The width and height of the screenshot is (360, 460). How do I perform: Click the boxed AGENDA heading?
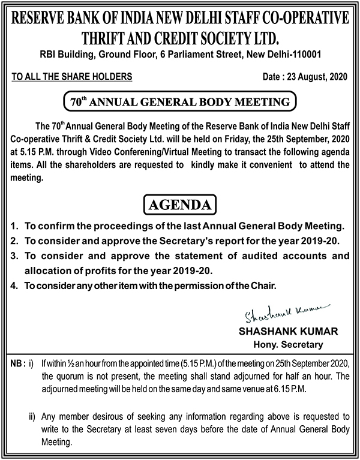click(180, 205)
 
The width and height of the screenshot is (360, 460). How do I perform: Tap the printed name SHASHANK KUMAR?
click(280, 332)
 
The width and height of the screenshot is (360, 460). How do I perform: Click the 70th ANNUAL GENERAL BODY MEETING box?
click(180, 101)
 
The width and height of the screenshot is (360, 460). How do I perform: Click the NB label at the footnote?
click(16, 364)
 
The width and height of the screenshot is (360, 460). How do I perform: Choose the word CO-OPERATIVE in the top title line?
click(300, 17)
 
